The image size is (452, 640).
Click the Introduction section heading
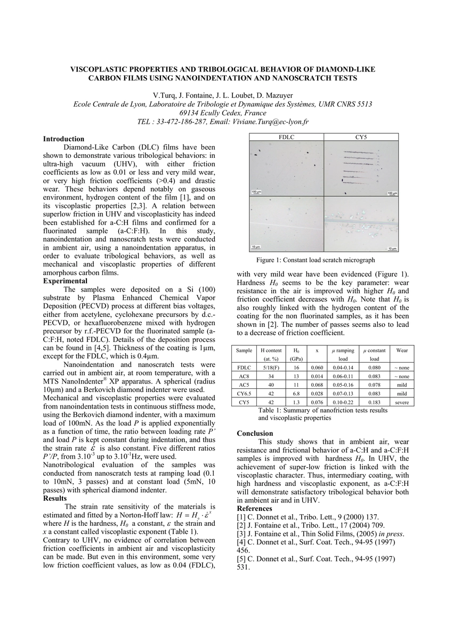(63, 139)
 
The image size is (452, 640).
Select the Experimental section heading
(66, 281)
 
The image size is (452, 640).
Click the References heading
(255, 508)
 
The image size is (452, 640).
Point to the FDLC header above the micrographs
(286, 137)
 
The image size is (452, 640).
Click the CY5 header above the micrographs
(361, 137)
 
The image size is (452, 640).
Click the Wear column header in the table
(401, 350)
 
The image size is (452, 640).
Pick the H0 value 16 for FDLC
(296, 368)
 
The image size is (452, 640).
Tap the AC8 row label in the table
(245, 377)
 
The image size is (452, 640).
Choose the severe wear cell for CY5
(401, 402)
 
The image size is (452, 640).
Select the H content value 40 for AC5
(270, 385)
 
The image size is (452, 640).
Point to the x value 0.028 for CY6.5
(317, 394)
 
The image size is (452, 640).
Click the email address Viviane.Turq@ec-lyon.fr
(271, 122)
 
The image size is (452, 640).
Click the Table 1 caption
(308, 414)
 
